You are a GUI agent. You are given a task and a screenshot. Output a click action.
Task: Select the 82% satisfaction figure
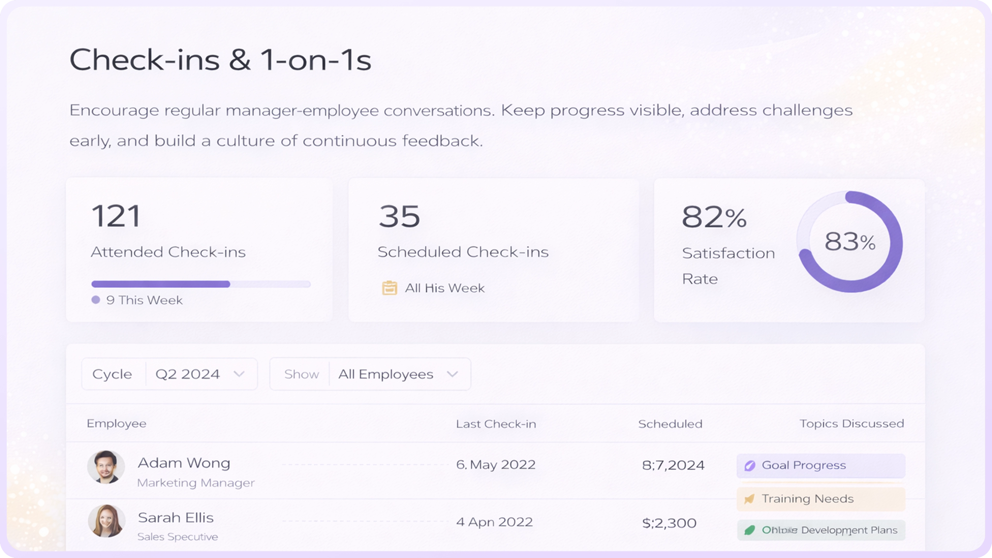[x=714, y=217]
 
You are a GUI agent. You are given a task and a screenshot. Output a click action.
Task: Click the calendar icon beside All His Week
[x=389, y=288]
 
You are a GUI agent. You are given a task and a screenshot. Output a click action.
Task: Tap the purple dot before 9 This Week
[x=96, y=300]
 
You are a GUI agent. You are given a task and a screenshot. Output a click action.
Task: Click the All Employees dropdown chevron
[x=452, y=374]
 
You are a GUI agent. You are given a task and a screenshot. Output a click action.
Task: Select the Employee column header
[x=116, y=424]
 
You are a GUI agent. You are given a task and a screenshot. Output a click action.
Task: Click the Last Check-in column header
[x=496, y=424]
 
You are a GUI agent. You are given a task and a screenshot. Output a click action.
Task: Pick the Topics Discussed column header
[x=851, y=424]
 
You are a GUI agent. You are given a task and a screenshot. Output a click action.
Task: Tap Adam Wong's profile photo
[x=106, y=467]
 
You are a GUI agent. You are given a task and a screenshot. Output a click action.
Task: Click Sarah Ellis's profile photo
[x=107, y=521]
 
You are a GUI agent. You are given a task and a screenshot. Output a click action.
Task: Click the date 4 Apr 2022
[x=494, y=522]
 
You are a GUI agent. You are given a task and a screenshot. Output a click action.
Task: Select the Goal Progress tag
[x=821, y=466]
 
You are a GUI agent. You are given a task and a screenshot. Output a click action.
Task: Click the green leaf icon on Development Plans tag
[x=749, y=530]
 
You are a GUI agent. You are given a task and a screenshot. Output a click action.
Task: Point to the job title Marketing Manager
[x=196, y=483]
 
